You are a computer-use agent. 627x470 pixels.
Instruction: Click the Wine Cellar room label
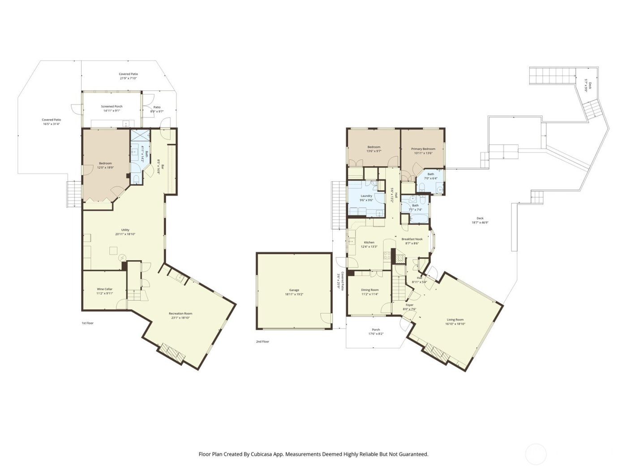[x=104, y=289]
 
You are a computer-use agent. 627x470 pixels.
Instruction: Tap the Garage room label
[x=294, y=290]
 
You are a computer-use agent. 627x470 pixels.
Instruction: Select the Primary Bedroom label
[x=423, y=149]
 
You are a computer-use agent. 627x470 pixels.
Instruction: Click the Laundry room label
[x=366, y=196]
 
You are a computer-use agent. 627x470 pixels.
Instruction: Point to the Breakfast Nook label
[x=412, y=239]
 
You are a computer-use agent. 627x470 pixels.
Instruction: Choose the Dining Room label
[x=369, y=290]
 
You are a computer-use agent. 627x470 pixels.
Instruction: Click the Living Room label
[x=455, y=320]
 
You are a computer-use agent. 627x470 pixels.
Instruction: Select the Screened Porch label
[x=112, y=107]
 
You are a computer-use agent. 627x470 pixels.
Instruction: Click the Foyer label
[x=409, y=305]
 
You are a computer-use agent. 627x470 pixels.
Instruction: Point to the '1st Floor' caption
[x=87, y=323]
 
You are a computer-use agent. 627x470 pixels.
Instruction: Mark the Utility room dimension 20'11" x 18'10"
[x=125, y=234]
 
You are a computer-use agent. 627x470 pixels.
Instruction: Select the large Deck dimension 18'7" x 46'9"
[x=480, y=222]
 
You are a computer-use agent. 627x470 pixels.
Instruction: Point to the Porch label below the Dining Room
[x=376, y=329]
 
